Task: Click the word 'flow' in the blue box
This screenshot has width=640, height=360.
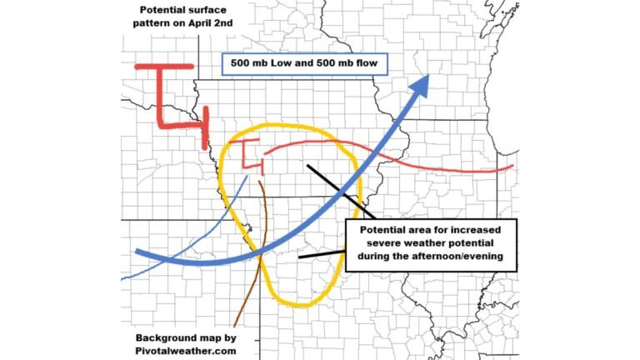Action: [366, 63]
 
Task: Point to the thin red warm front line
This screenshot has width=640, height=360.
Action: [433, 163]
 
